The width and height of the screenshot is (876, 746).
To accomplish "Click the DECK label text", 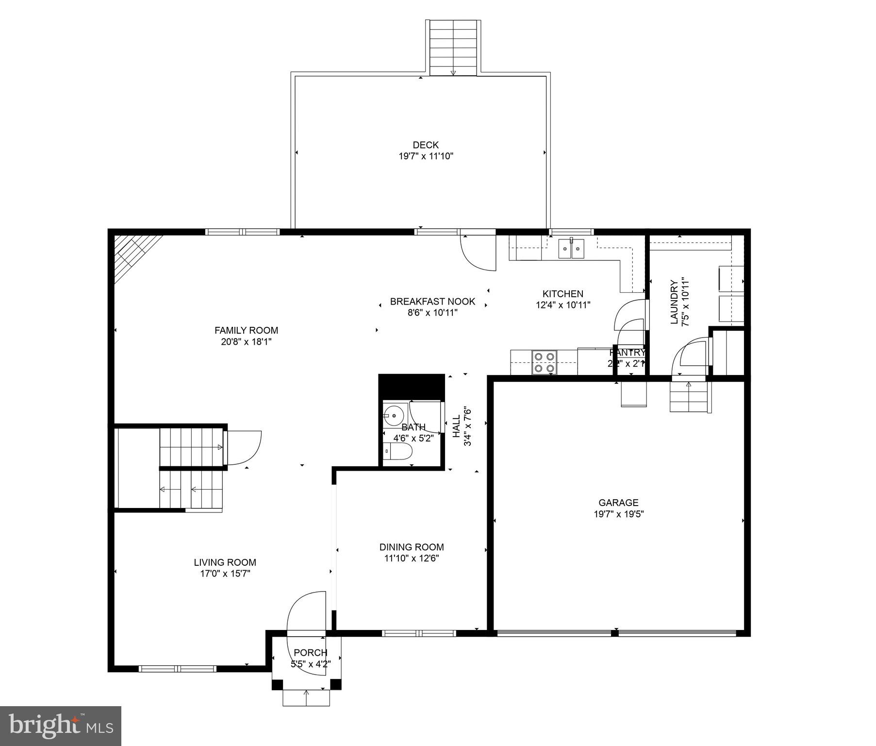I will point(425,145).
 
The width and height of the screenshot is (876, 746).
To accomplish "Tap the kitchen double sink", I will point(572,249).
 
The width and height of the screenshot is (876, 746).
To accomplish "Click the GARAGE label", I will point(618,503).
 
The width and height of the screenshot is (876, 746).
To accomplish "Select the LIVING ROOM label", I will point(225,562).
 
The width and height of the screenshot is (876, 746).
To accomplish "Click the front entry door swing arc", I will point(306,613).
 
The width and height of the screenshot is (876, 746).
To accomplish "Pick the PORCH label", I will point(310,653).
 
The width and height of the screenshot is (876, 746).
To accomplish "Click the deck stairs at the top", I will point(453,48).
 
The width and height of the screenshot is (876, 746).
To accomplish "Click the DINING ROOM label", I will point(412,547).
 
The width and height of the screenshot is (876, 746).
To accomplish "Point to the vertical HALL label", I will point(456,426).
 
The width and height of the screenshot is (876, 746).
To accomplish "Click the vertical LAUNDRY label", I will point(674,302).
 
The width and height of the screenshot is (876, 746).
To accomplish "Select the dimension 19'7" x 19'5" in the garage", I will point(618,514).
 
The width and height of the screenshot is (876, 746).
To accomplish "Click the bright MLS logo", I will point(60,726).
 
